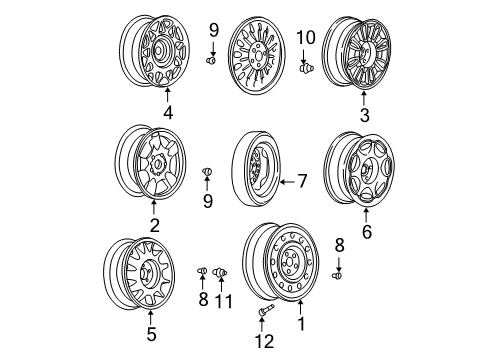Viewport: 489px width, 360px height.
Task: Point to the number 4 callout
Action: [x=168, y=113]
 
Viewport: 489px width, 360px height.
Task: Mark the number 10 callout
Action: [x=307, y=38]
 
